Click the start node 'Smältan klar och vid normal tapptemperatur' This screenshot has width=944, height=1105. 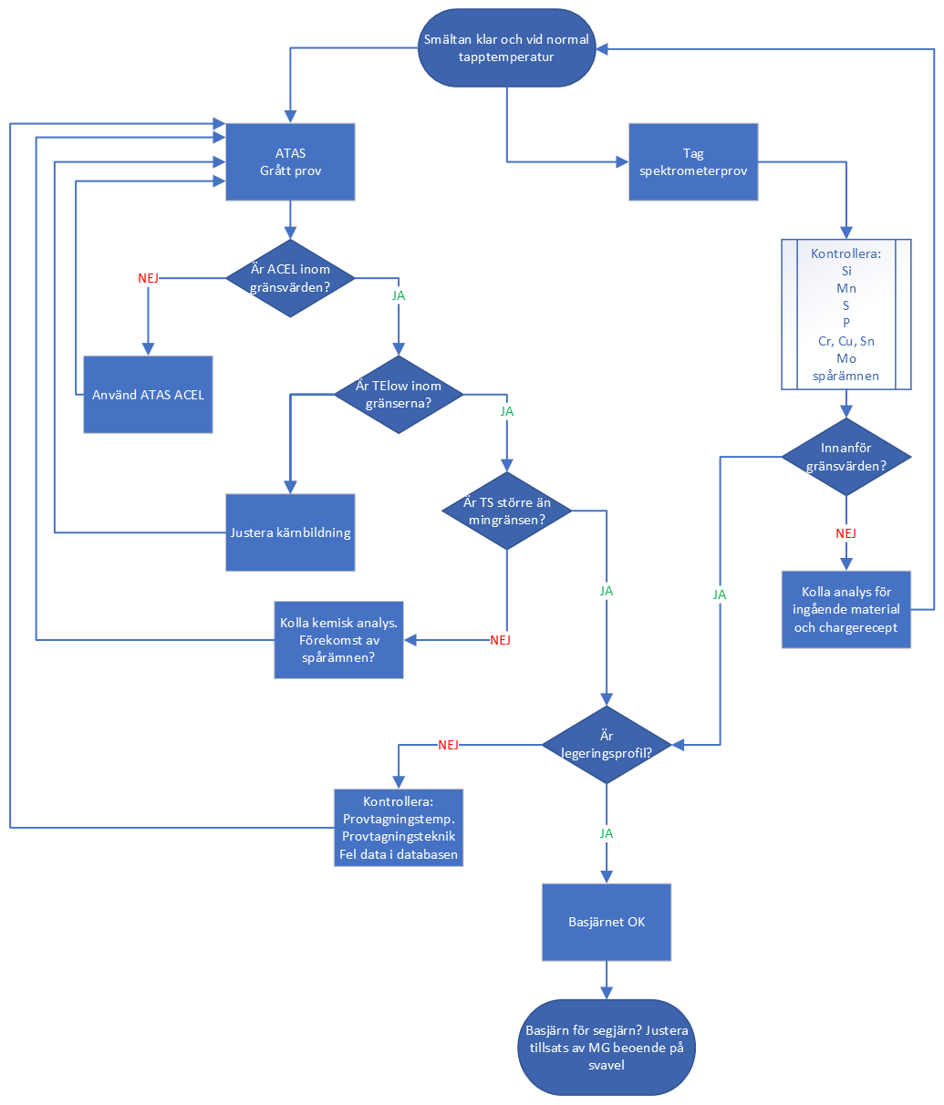[x=506, y=48]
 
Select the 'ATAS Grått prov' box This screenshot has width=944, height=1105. [x=290, y=161]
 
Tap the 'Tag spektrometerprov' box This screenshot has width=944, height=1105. [x=693, y=161]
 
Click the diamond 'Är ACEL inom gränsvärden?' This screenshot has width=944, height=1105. [x=290, y=278]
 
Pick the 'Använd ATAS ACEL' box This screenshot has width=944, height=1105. [x=148, y=395]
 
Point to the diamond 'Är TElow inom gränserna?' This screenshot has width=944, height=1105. [x=399, y=394]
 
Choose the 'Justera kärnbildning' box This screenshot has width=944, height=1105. [x=290, y=532]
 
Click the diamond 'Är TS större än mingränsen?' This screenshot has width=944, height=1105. [x=506, y=511]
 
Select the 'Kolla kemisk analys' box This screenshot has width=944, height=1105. [x=338, y=640]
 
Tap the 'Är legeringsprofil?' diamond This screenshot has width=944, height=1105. [x=607, y=745]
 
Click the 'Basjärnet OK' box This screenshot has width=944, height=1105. [x=607, y=922]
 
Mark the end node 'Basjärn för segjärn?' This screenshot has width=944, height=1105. [x=607, y=1048]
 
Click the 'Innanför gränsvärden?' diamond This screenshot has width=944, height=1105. [x=846, y=457]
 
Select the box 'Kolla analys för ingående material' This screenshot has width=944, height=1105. [x=846, y=610]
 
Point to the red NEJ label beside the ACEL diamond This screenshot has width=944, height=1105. [x=148, y=278]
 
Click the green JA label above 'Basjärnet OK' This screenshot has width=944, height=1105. [x=607, y=833]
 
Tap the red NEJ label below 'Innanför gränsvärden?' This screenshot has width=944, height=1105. [x=846, y=533]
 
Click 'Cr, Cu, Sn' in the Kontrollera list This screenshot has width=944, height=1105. [x=846, y=341]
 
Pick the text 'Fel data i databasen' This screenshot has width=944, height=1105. [x=399, y=855]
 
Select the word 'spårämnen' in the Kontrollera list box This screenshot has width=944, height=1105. [x=846, y=376]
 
